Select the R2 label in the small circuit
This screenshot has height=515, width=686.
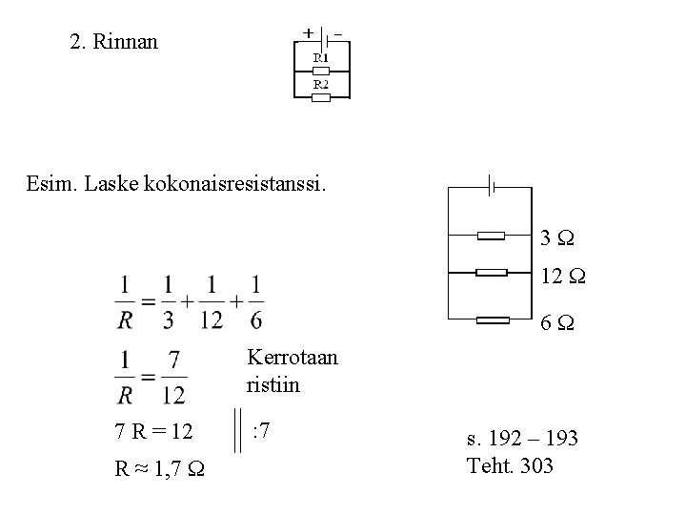click(x=322, y=84)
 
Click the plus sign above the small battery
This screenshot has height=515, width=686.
click(x=308, y=31)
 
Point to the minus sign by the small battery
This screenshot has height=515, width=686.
click(x=338, y=31)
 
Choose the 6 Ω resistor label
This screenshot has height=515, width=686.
click(x=555, y=323)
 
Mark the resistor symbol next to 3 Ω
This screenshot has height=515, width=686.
click(x=492, y=235)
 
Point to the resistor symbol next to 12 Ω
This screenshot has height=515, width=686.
click(x=492, y=273)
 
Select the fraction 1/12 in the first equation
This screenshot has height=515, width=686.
click(x=212, y=301)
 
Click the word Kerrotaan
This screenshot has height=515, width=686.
click(x=293, y=359)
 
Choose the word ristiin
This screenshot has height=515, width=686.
click(x=272, y=384)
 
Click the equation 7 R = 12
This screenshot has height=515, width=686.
click(x=154, y=432)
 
